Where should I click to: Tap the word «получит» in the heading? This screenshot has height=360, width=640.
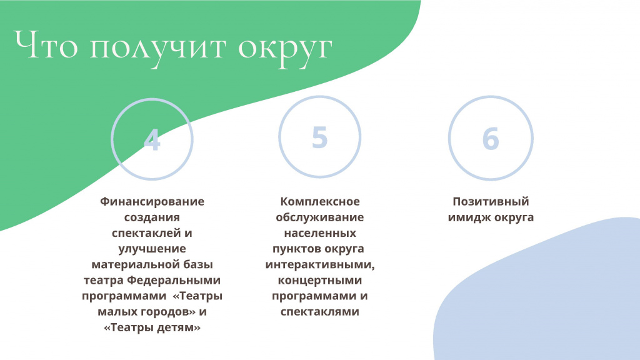(x=157, y=49)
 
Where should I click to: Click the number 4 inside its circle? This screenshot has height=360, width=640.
(x=152, y=139)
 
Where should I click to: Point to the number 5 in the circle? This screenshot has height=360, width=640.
(x=319, y=137)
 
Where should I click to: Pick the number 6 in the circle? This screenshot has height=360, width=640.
(x=491, y=138)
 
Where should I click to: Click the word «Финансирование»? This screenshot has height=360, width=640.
(x=152, y=202)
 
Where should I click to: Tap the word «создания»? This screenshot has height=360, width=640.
(x=152, y=217)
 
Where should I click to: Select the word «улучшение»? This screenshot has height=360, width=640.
(x=152, y=249)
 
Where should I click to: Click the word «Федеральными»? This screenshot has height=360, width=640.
(x=174, y=281)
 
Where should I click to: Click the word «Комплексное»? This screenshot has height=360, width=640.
(x=320, y=202)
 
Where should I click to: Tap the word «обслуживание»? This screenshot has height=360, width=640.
(x=319, y=217)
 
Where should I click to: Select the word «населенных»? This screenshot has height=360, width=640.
(x=320, y=233)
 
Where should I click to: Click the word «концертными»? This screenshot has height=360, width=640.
(x=319, y=281)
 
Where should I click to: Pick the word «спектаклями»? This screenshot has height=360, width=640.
(x=319, y=312)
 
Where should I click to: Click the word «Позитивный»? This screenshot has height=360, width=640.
(x=491, y=202)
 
